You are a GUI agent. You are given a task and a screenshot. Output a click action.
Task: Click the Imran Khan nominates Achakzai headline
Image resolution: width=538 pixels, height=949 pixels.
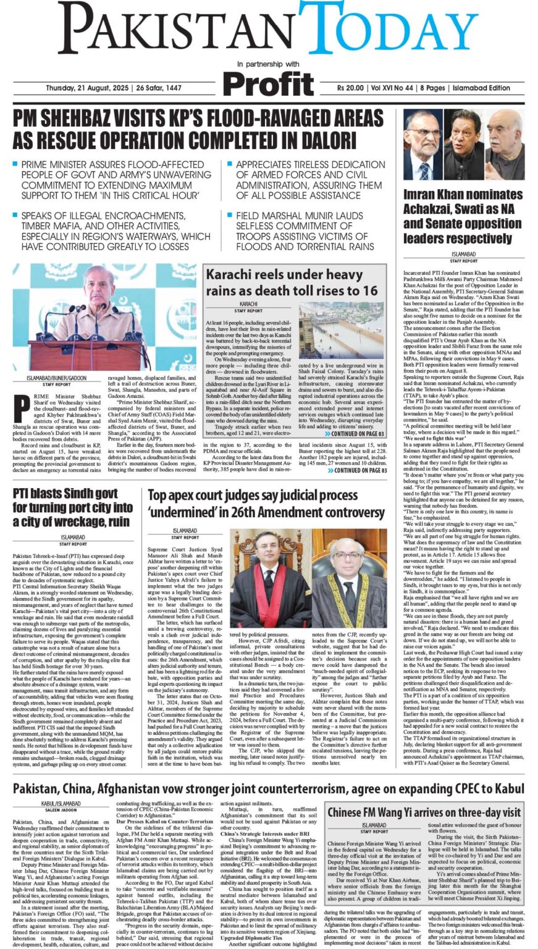tap(463, 216)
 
